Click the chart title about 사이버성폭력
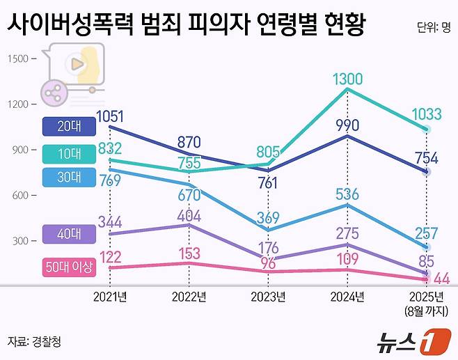187,26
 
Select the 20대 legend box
68,126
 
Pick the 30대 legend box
68,176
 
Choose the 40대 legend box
68,235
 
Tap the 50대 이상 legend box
68,266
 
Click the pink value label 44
441,279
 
